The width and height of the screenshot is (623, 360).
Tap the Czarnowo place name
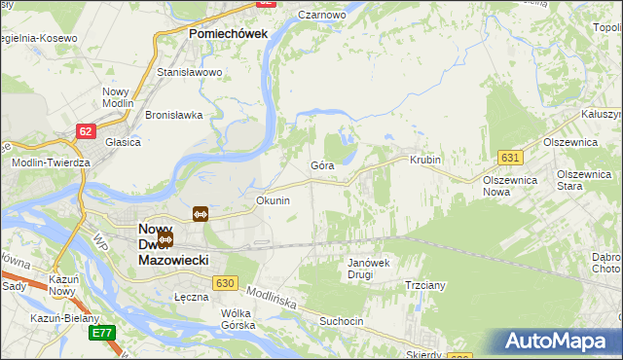(324, 16)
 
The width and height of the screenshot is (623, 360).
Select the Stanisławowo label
(190, 72)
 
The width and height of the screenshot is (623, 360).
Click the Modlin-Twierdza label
(51, 162)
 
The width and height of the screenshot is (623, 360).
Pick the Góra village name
(322, 165)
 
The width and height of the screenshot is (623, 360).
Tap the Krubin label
(425, 160)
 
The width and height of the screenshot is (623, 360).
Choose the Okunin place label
(273, 200)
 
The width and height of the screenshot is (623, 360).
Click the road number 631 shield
(509, 157)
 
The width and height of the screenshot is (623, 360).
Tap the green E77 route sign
(101, 333)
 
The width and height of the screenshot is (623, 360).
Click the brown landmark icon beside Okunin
(200, 213)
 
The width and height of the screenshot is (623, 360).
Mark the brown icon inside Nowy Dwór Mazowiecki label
(165, 238)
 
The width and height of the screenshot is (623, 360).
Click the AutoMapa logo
(555, 342)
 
